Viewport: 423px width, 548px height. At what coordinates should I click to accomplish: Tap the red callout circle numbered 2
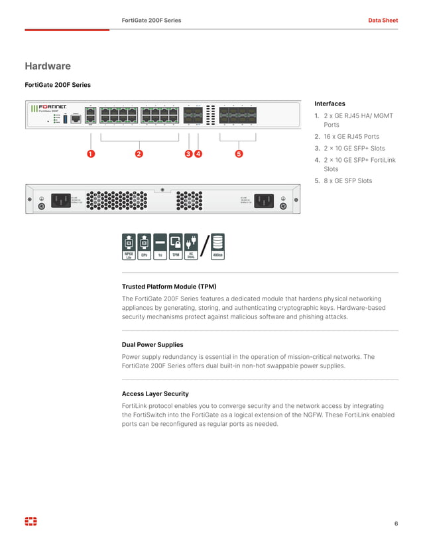tap(139, 155)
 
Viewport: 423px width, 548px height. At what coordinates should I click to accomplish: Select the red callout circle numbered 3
tap(189, 155)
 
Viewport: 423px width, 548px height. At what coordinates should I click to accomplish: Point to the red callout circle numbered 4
tap(198, 155)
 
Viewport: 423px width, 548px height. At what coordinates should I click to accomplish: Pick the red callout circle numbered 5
tap(239, 155)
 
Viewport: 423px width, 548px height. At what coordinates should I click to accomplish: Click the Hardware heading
tap(48, 66)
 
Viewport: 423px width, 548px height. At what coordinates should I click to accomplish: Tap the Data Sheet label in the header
tap(383, 21)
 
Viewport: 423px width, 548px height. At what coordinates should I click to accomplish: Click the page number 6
tap(396, 524)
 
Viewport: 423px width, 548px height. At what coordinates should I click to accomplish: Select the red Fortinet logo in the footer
tap(30, 521)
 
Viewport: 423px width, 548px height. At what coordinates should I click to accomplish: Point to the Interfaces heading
tap(330, 103)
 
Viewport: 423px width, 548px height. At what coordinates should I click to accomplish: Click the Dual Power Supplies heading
tap(152, 345)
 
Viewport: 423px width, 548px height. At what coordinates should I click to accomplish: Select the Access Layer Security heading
tap(155, 393)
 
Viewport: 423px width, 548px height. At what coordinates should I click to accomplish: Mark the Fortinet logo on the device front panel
tap(52, 107)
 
